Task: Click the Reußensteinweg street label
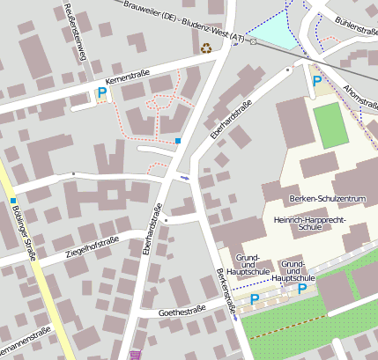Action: point(76,31)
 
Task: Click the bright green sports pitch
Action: point(327,125)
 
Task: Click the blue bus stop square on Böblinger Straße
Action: point(13,201)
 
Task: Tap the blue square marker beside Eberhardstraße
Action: point(178,140)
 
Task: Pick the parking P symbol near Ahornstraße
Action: point(316,81)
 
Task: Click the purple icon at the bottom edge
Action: point(135,355)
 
